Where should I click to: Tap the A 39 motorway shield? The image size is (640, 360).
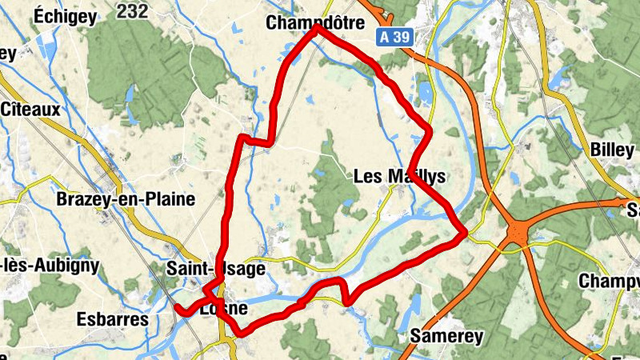tap(395, 36)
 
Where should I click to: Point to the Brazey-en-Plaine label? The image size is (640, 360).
tap(126, 200)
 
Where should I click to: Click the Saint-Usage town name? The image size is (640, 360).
tap(216, 269)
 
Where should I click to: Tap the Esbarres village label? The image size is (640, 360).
tap(113, 319)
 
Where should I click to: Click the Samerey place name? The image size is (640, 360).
tap(446, 336)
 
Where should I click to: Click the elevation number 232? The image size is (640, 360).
tap(132, 10)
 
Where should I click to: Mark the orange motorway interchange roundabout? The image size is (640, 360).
tap(518, 234)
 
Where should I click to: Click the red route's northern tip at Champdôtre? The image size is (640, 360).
tap(318, 27)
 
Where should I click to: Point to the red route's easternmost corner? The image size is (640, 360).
tap(464, 233)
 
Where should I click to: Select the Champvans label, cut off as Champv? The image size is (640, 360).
tap(610, 282)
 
